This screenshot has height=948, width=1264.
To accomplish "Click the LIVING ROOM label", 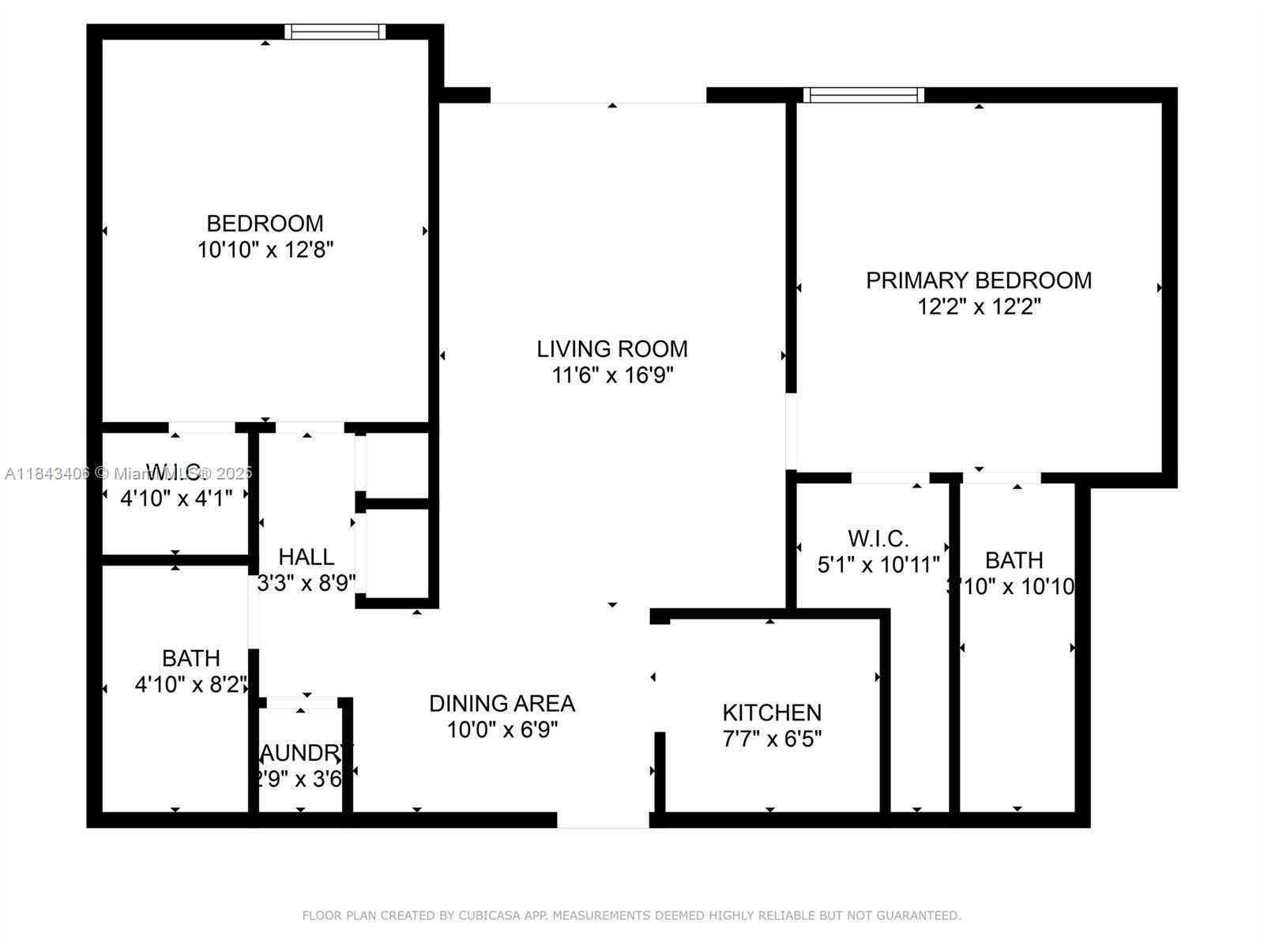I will tap(612, 348).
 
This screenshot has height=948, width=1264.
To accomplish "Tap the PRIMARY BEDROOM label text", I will tap(979, 280).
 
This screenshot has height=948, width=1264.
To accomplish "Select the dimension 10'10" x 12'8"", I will tap(265, 250).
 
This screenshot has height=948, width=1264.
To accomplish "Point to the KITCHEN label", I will tap(772, 713).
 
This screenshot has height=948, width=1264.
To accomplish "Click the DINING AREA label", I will tap(502, 703).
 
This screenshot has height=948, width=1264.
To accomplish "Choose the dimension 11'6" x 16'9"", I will tap(612, 374).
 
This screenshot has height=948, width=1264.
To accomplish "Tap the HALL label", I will tap(307, 557).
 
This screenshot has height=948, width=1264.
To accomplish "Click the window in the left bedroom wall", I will tap(335, 32).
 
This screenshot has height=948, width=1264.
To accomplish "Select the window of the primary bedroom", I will tap(863, 95).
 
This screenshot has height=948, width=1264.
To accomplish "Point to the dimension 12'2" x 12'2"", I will tap(979, 307).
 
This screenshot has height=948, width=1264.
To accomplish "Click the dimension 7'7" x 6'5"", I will tap(772, 739).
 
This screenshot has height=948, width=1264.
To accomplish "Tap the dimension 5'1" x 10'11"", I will tap(878, 565).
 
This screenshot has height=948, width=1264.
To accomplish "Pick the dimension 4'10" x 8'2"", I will tap(191, 684).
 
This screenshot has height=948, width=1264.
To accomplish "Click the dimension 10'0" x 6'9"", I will tap(502, 729).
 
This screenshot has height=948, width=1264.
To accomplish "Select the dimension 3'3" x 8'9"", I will tap(307, 583).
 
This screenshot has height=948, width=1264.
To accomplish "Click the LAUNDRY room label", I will tap(304, 752).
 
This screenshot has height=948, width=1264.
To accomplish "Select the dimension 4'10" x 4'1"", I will tap(176, 498).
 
